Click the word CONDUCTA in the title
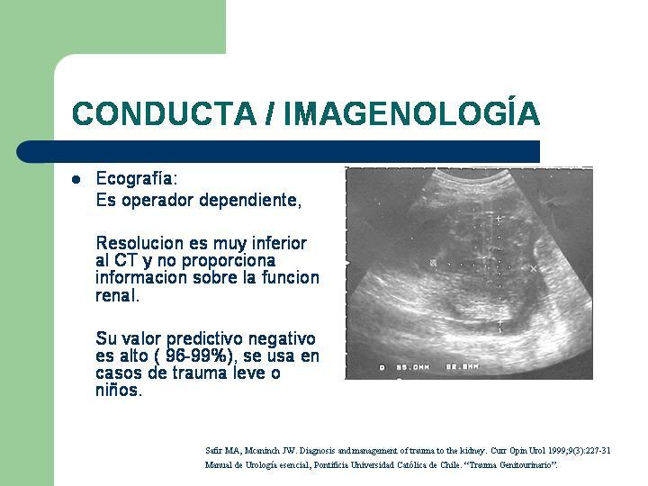coord(164,113)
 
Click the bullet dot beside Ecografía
coord(76,180)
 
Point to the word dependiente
coord(250,201)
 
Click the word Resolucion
coord(140,243)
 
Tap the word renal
coord(117,295)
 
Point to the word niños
coord(119,390)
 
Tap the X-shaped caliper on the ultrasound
coord(534,268)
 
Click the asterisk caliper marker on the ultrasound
coord(433,263)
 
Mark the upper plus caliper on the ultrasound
coord(499,218)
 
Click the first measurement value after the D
coord(413,367)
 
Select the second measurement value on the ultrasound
coord(462,366)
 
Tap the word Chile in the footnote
coord(450,465)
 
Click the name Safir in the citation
coord(214,451)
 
